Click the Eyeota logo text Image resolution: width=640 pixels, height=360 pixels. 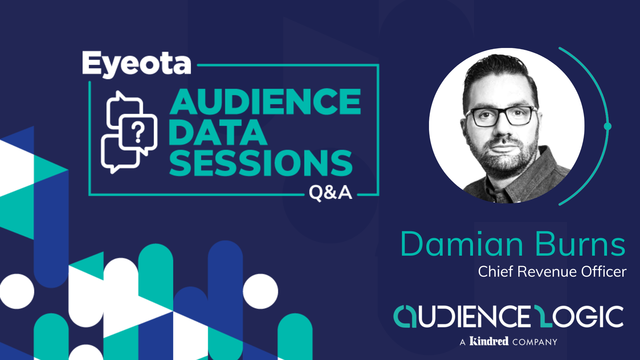[x=137, y=64]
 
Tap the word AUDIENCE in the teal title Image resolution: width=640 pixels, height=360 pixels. [x=265, y=102]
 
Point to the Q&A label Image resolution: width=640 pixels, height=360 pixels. [x=330, y=193]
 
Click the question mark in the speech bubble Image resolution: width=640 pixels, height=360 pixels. [x=138, y=132]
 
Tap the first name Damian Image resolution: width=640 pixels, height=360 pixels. [x=462, y=244]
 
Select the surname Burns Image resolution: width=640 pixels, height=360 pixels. [x=580, y=244]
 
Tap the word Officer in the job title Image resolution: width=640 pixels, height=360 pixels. [x=604, y=271]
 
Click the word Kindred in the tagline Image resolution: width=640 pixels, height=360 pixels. [x=489, y=341]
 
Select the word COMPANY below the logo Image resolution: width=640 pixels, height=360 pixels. [x=535, y=342]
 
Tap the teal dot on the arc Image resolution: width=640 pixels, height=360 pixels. [x=608, y=126]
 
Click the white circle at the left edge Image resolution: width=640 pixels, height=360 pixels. [x=17, y=291]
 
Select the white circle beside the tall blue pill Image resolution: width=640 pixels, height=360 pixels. [x=260, y=291]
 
